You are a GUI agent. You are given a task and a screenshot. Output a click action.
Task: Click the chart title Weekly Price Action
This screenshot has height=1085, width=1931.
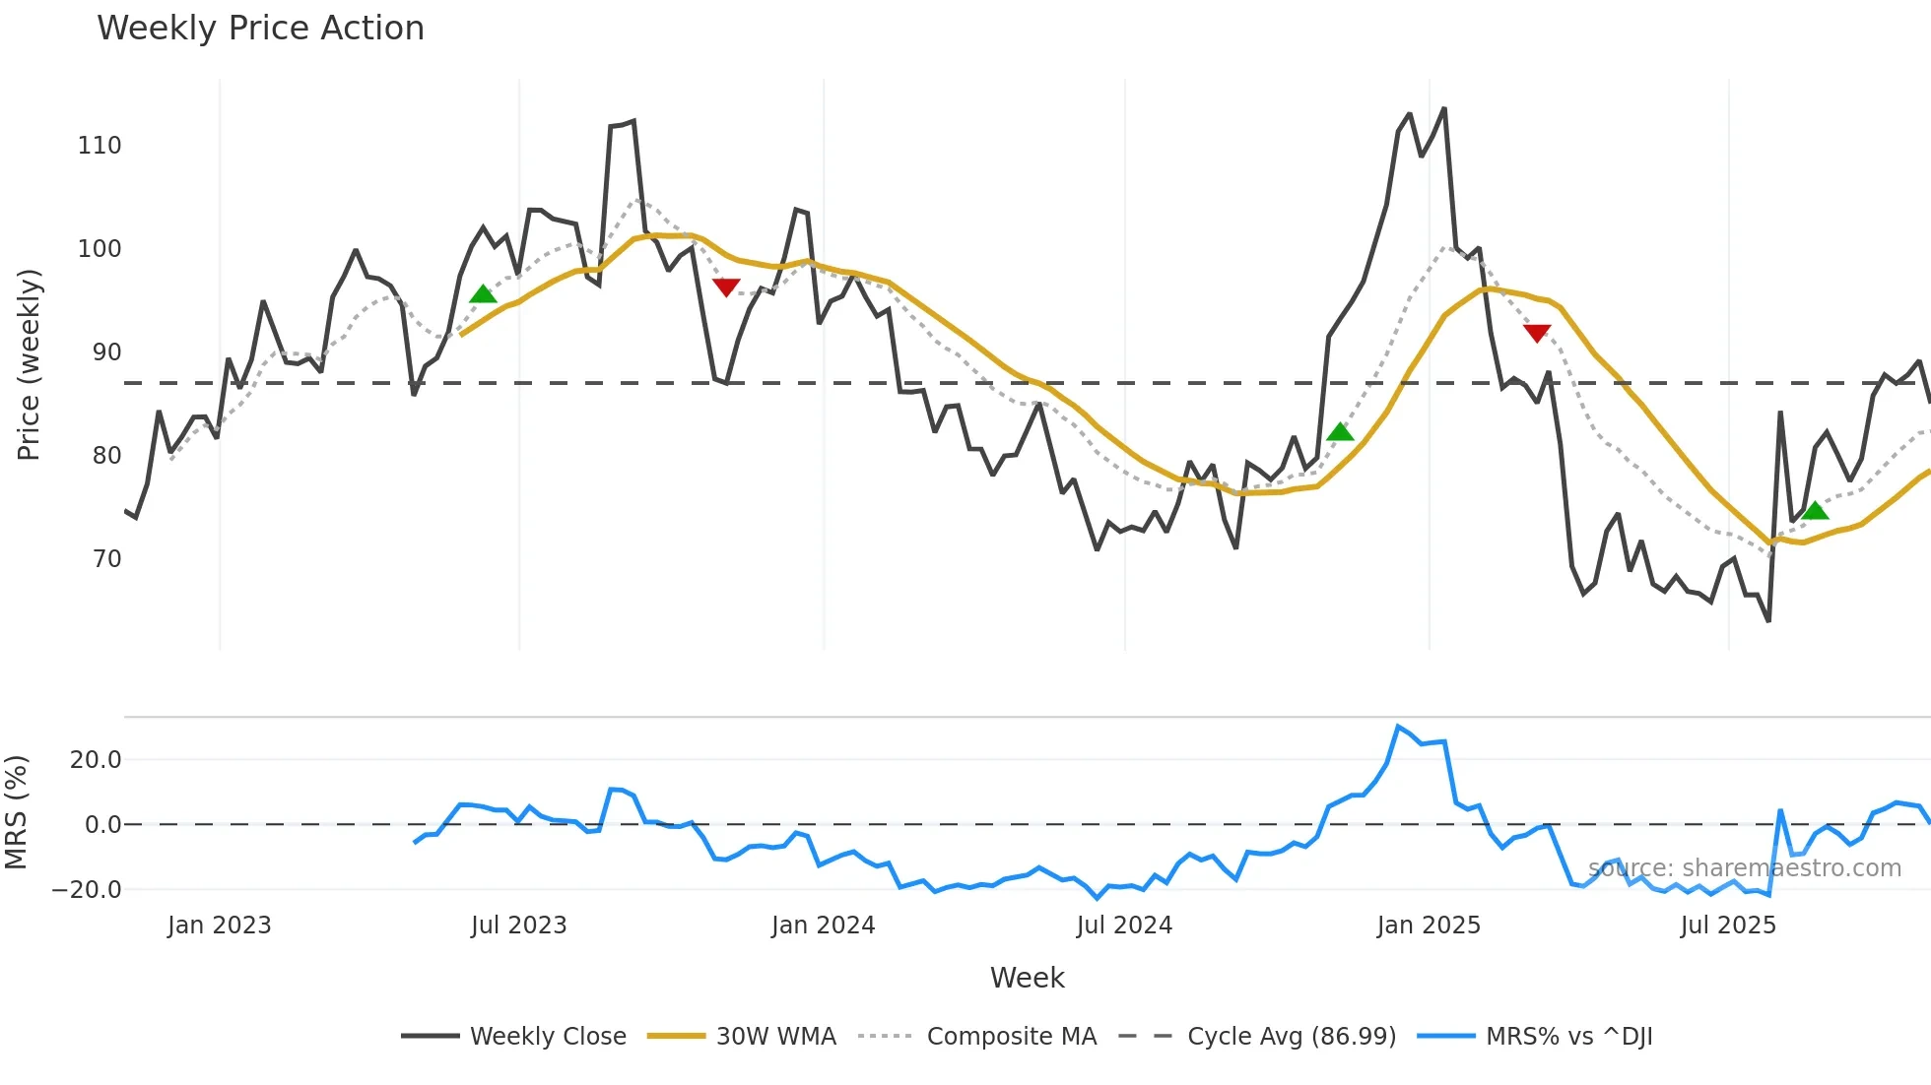[x=260, y=29]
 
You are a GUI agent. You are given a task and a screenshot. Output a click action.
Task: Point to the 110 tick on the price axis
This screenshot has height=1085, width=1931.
[x=100, y=146]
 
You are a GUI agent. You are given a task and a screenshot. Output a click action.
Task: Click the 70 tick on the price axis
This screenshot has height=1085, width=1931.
[x=106, y=559]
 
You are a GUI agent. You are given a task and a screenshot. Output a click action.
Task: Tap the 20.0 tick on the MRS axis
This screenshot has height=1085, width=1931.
[x=96, y=759]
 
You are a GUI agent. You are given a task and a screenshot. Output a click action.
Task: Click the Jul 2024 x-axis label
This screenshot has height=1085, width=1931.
[x=1124, y=925]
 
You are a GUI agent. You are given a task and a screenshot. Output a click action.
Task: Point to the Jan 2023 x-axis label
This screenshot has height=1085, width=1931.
[x=219, y=925]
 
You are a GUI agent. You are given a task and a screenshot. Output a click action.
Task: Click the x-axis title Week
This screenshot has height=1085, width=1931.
[x=1027, y=978]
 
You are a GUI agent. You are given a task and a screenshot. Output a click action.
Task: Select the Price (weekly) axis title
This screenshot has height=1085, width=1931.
[x=29, y=364]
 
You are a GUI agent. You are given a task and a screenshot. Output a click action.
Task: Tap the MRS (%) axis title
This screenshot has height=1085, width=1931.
[x=16, y=812]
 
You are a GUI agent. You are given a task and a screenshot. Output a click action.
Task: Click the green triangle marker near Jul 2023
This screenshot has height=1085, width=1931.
[x=483, y=293]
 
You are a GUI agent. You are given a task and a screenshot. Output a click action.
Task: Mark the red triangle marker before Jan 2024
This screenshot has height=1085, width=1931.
[x=726, y=287]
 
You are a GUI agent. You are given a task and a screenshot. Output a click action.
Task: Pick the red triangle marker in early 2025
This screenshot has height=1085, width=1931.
[x=1537, y=333]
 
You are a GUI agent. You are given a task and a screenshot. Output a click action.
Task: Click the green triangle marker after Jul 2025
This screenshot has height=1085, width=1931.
[x=1815, y=510]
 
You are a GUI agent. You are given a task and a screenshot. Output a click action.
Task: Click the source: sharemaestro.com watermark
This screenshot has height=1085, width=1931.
[x=1744, y=868]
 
